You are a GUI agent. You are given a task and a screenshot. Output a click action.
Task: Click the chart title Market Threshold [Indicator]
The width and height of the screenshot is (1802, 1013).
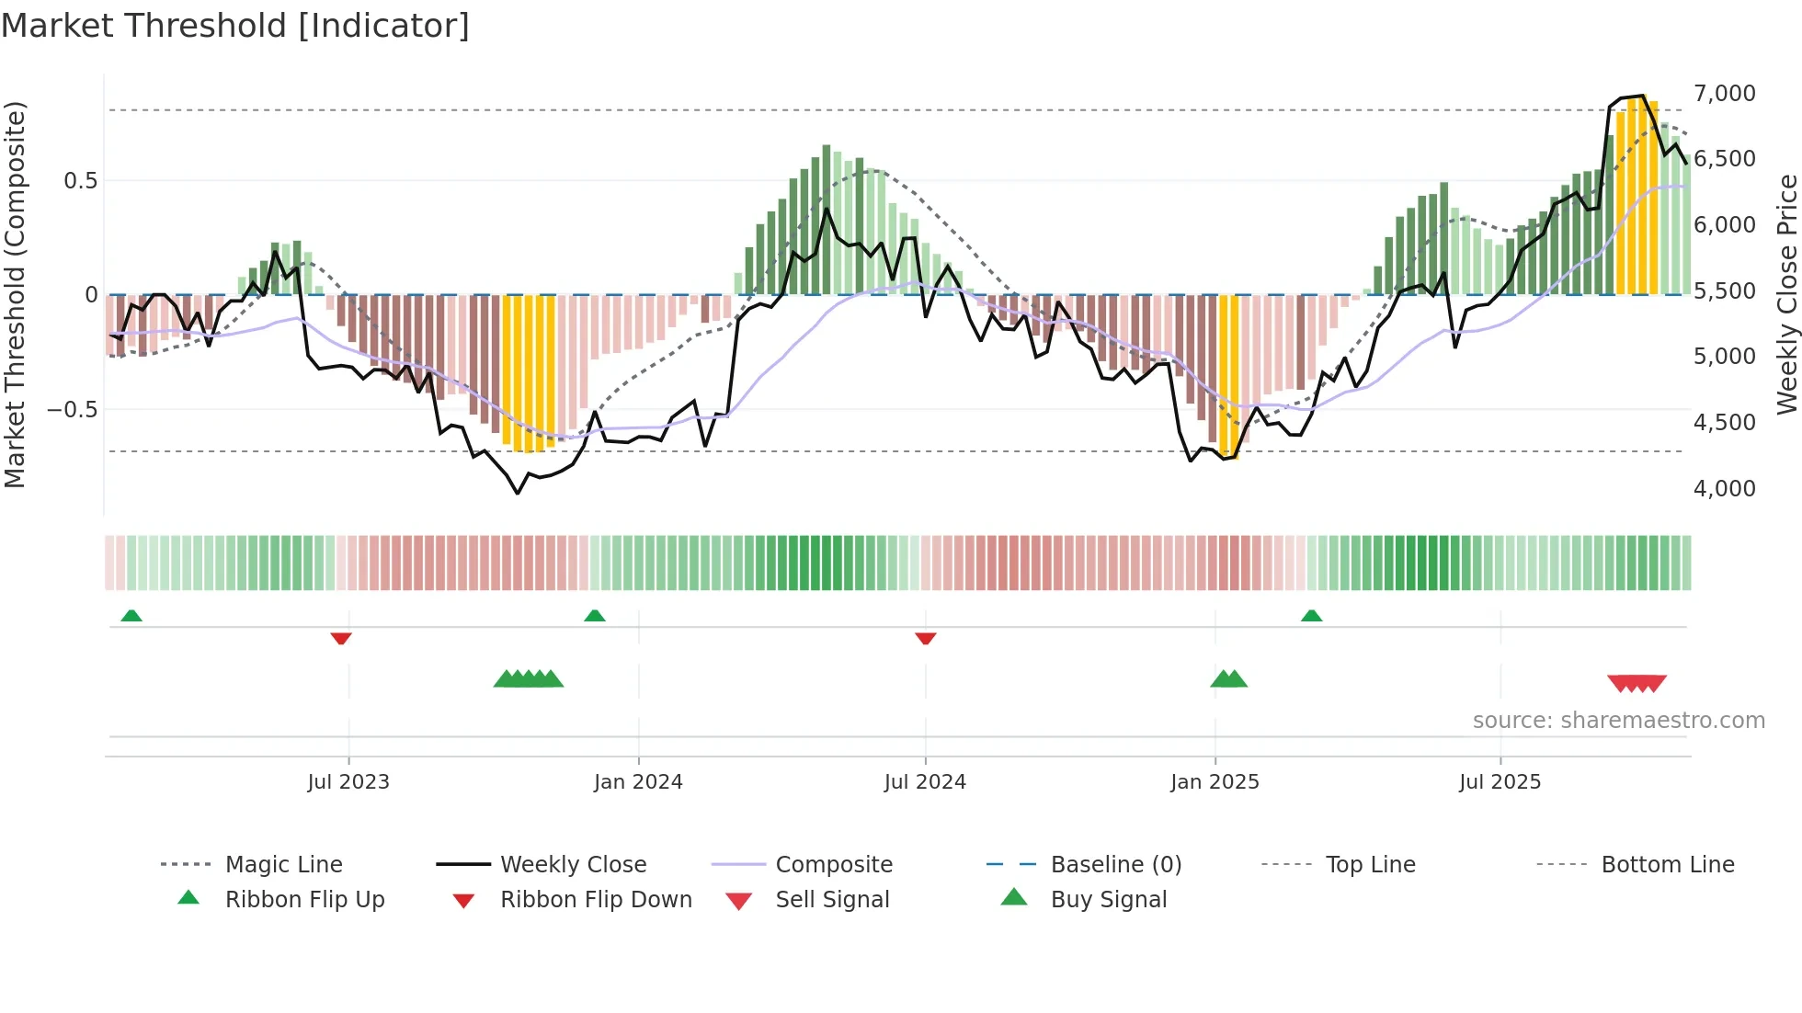[235, 26]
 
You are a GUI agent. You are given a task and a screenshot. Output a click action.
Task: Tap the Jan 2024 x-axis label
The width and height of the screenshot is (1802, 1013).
[638, 781]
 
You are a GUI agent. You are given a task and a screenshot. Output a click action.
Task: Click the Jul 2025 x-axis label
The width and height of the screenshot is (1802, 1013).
[1500, 781]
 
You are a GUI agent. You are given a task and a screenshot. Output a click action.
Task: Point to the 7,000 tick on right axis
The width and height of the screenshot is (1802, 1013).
[1724, 93]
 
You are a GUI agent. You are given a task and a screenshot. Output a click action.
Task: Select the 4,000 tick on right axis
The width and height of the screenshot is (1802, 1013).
[1724, 488]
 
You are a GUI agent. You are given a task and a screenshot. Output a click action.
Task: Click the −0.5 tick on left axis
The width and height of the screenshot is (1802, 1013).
[72, 409]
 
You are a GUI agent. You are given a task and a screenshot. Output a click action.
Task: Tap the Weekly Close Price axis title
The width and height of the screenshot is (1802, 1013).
[1786, 294]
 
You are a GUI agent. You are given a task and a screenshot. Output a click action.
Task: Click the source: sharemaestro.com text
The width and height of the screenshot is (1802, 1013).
[1618, 720]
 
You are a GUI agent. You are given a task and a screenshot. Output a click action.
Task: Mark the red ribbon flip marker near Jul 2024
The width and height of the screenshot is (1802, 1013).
[926, 637]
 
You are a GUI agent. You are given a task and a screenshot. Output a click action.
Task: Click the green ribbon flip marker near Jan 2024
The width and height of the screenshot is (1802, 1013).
[595, 616]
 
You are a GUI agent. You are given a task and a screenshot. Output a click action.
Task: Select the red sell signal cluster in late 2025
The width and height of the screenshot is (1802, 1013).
[1637, 683]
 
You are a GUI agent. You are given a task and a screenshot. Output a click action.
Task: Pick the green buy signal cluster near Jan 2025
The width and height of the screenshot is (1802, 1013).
[1228, 679]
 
